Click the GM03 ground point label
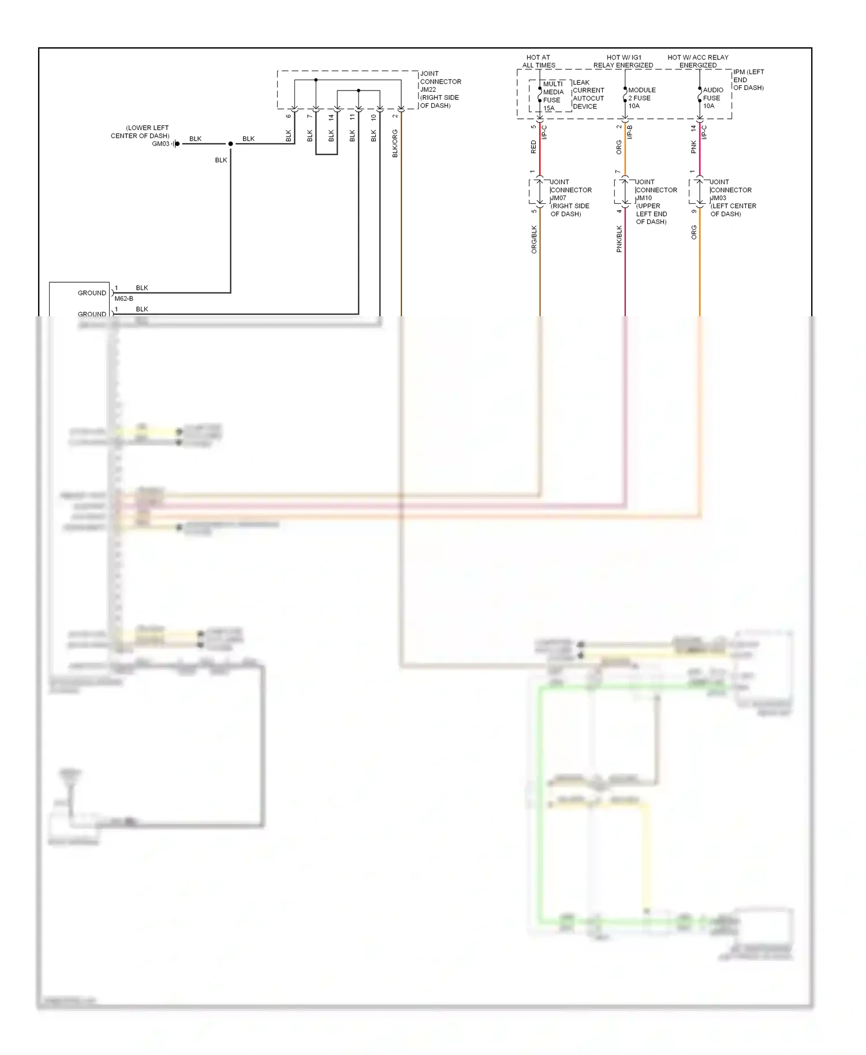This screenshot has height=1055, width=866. (x=160, y=144)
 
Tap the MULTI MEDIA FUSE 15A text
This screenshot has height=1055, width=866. (x=553, y=96)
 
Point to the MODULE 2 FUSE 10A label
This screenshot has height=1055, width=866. (x=641, y=98)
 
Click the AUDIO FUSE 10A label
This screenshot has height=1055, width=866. (x=712, y=98)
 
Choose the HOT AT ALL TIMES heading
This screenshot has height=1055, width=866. (x=538, y=61)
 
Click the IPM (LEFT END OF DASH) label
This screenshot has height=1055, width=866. (x=748, y=80)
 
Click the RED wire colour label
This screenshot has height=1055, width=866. (x=533, y=147)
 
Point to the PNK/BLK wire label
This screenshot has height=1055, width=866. (x=619, y=239)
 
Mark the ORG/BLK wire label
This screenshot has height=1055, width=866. (x=534, y=240)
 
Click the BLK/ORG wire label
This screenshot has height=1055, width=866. (x=395, y=144)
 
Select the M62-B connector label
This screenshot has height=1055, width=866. (x=124, y=298)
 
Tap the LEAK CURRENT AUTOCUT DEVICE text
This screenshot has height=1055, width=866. (x=588, y=95)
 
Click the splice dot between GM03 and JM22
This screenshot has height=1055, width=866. (x=230, y=144)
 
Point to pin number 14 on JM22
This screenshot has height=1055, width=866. (x=331, y=117)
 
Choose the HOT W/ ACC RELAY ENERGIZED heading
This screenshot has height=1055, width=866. (x=697, y=61)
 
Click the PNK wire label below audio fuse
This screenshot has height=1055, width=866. (x=693, y=147)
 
